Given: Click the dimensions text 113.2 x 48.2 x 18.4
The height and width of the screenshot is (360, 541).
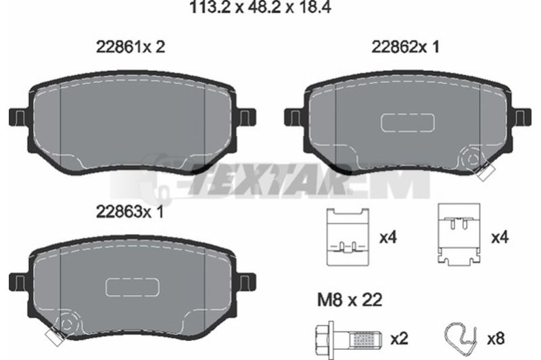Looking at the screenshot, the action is (260, 7).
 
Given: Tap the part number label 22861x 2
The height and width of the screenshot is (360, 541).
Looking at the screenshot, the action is (131, 47).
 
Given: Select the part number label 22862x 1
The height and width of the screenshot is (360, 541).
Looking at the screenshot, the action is (405, 47).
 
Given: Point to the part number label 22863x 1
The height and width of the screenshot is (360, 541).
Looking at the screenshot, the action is (130, 212).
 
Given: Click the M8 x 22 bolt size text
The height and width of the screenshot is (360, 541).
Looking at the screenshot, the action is (350, 300).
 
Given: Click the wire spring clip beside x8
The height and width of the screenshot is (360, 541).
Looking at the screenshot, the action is (461, 334).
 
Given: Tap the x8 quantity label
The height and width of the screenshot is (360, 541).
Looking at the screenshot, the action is (496, 339).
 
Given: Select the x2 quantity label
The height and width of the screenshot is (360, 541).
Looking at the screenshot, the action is (399, 339).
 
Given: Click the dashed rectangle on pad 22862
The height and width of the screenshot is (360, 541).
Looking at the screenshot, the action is (408, 122).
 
